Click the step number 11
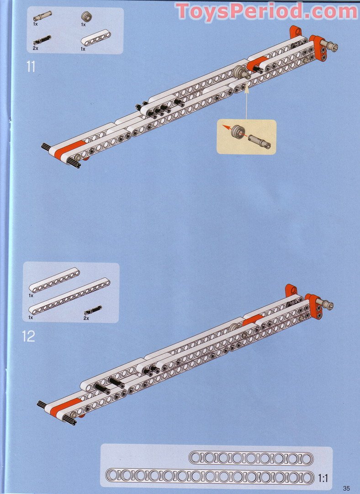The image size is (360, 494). pos(31,67)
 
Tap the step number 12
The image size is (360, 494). pos(28,336)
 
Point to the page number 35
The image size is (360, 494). pos(346,488)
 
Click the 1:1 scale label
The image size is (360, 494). pos(323,478)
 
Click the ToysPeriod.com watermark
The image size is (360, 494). pos(266,11)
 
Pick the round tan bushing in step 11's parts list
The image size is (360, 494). pos(85,16)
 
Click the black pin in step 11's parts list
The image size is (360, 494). pos(42,40)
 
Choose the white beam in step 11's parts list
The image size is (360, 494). pos(96,38)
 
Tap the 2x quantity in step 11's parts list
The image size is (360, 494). pos(35,48)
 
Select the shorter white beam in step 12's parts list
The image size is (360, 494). pos(54,280)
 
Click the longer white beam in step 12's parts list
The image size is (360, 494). pos(69,296)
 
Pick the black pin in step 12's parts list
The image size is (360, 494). pos(93,310)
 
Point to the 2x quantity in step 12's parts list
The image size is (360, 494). pos(86,318)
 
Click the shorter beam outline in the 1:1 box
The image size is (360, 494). pos(251,458)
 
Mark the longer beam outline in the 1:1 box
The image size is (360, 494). pos(210,477)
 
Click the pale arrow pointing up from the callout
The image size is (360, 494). pos(246,102)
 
